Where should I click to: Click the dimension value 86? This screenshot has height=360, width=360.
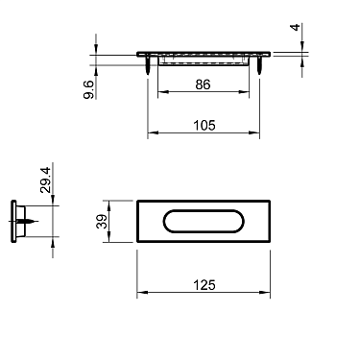(x=203, y=84)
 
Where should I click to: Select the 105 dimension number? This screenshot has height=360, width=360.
(x=203, y=124)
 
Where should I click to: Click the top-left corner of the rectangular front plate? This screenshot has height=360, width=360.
(x=137, y=200)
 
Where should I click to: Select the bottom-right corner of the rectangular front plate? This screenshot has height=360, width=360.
(x=271, y=243)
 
